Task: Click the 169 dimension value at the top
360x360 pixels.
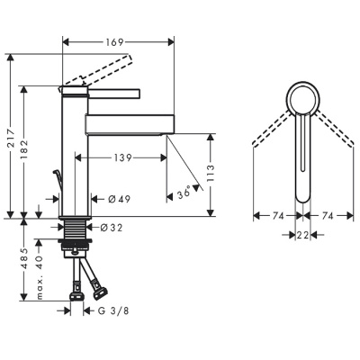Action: pos(114,42)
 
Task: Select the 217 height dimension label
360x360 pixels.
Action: pos(11,138)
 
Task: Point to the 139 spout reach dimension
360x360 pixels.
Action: pos(122,157)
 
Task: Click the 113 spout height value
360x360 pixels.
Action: pos(211,174)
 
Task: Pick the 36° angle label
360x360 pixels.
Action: pos(184,192)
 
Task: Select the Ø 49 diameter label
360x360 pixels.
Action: pos(119,199)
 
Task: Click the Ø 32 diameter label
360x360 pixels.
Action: pos(112,228)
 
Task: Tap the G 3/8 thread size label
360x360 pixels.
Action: pos(113,310)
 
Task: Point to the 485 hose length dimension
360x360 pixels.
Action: pos(24,259)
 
